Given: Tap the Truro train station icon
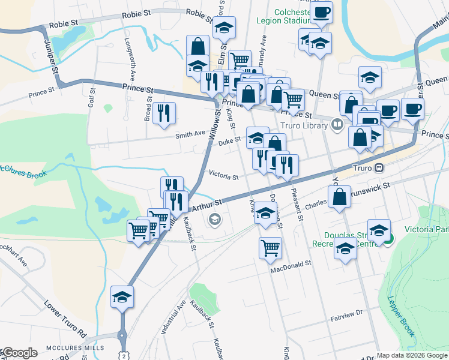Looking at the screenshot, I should (379, 169).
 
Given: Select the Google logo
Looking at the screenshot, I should (19, 353).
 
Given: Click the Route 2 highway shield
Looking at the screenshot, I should (123, 356).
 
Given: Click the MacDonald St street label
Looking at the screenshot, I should (291, 263).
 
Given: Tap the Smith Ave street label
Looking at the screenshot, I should (190, 135).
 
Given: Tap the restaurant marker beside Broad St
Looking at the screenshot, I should (164, 113).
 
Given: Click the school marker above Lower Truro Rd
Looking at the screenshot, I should (122, 296).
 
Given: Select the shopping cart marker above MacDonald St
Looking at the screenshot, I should (271, 247).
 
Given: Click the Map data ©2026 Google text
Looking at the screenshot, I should (412, 355).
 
